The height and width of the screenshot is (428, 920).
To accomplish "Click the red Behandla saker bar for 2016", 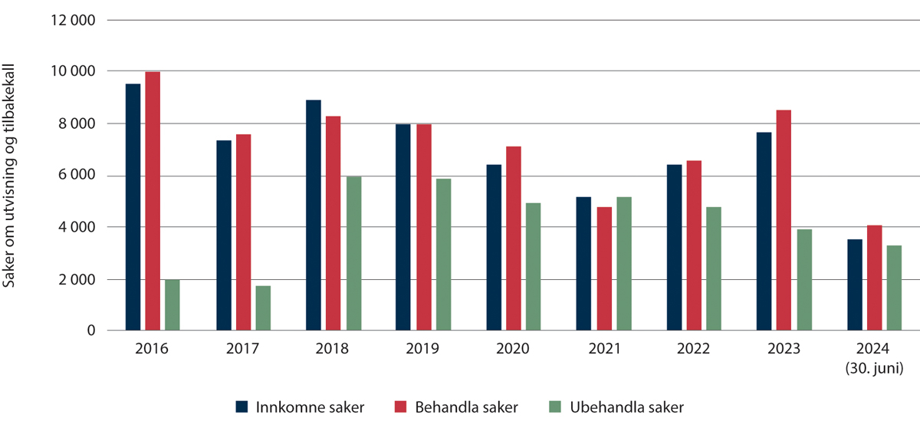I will [x=153, y=201].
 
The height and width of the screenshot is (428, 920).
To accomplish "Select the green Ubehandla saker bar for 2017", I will [x=263, y=308].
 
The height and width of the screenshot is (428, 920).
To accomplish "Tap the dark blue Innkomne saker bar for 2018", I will [x=314, y=216].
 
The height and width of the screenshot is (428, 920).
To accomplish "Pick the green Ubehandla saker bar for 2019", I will [x=444, y=255].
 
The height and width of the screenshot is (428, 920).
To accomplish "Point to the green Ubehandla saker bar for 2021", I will [x=624, y=264].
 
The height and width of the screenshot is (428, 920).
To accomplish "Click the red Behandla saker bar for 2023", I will [x=784, y=220].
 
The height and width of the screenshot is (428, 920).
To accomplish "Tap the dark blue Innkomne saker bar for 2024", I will [x=855, y=285].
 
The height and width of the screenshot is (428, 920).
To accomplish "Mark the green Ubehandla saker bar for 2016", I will [x=172, y=305].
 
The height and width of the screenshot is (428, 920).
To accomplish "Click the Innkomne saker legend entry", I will [x=300, y=407].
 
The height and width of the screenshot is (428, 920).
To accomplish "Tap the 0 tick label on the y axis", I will [x=90, y=331].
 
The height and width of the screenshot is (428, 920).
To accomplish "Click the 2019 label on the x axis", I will [x=423, y=349].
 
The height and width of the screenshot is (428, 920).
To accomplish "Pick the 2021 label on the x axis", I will [x=604, y=349].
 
